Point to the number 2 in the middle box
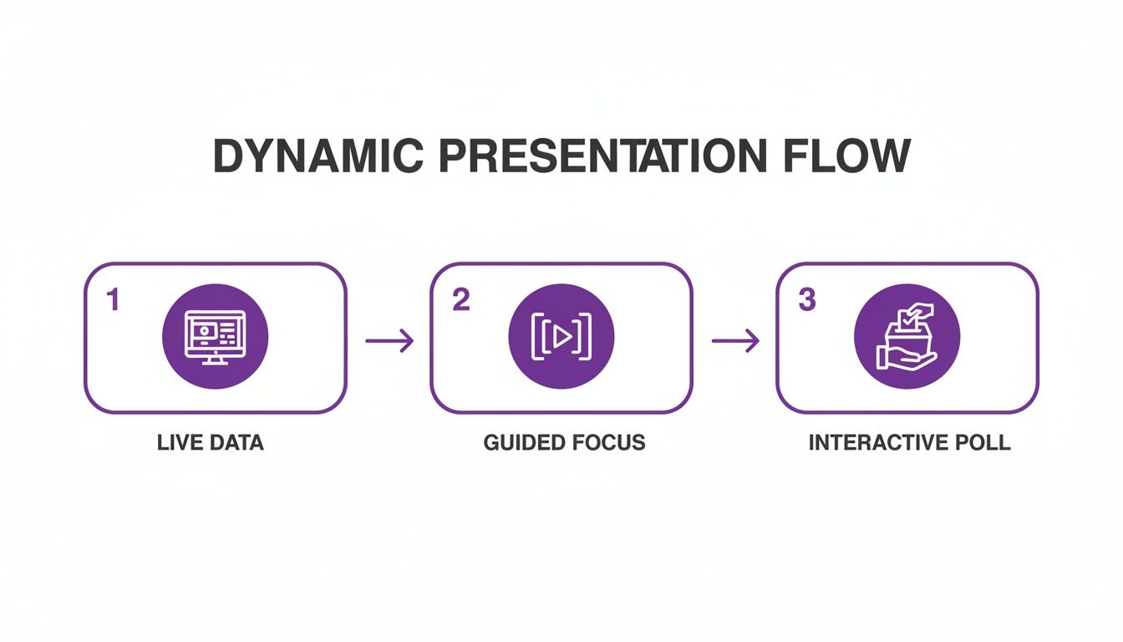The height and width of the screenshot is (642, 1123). (460, 301)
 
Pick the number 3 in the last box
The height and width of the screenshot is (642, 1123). (806, 301)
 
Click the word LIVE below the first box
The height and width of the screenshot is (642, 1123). (178, 442)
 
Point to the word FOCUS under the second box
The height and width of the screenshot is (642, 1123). (607, 442)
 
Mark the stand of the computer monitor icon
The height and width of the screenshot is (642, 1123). (215, 359)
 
